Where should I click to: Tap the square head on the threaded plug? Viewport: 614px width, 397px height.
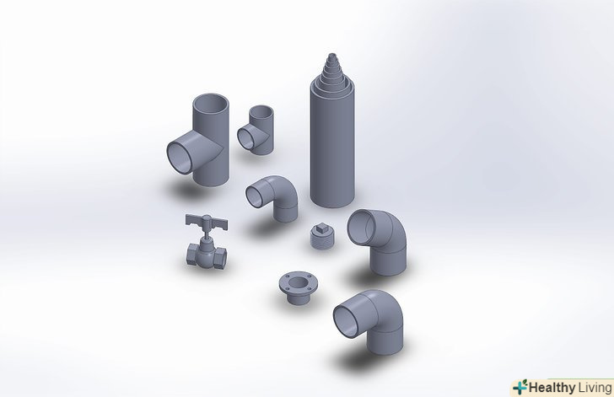(x=322, y=226)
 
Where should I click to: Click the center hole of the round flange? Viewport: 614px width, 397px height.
(x=299, y=282)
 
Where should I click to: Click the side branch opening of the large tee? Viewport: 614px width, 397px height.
(x=180, y=158)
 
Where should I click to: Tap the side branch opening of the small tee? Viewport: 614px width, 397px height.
(x=246, y=138)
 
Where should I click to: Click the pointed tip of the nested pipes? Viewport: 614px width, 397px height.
(x=332, y=54)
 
